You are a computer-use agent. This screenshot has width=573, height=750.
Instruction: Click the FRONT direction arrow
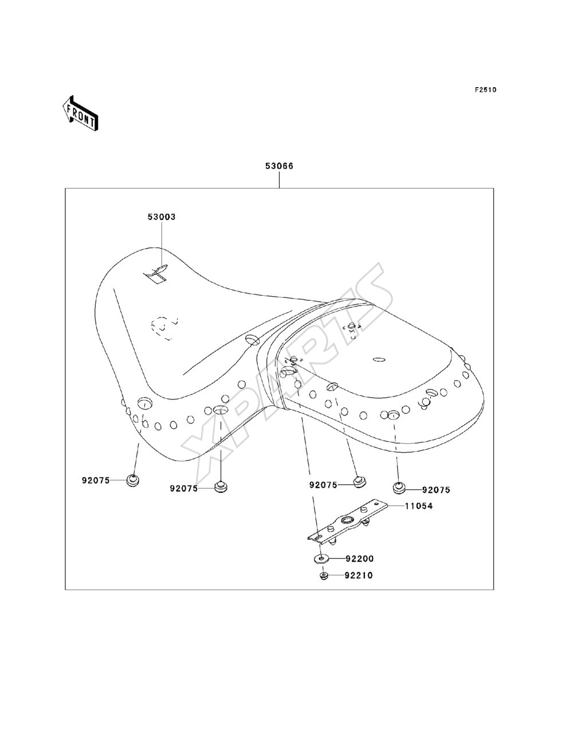tap(80, 112)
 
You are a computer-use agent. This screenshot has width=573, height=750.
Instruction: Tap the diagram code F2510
tap(485, 90)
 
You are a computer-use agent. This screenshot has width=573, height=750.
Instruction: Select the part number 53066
tap(280, 166)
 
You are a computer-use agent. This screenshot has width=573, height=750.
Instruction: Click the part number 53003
tap(162, 217)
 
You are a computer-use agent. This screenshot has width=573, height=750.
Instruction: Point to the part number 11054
tap(419, 506)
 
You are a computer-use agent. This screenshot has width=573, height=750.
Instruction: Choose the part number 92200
tap(360, 559)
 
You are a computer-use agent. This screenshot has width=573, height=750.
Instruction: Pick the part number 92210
tap(359, 575)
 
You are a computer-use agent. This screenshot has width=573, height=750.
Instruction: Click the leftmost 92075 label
tap(96, 480)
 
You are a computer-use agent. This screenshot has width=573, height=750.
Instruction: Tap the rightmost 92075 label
tap(436, 490)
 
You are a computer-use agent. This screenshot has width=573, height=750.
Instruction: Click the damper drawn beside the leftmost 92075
tap(133, 480)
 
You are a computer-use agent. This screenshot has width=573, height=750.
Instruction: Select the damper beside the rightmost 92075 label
tap(398, 488)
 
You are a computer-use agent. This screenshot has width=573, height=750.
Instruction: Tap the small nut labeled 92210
tap(323, 576)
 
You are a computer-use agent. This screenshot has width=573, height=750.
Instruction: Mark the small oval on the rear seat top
tap(379, 359)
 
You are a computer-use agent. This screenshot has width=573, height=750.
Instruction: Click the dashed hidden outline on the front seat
tap(164, 328)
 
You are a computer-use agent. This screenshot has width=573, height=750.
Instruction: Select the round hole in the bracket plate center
tap(348, 520)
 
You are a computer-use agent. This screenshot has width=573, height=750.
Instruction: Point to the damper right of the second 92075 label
tap(221, 487)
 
